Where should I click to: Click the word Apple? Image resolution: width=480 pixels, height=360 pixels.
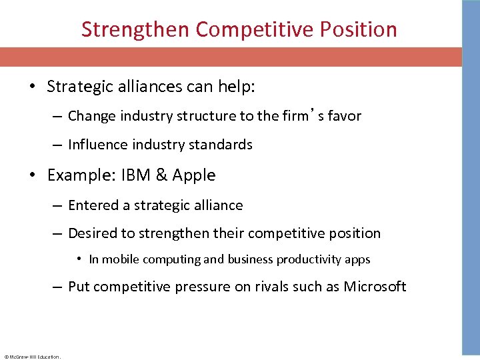pyautogui.click(x=194, y=175)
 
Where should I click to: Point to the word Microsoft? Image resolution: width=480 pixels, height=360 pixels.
pyautogui.click(x=375, y=287)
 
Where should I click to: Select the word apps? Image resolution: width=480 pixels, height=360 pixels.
pyautogui.click(x=357, y=259)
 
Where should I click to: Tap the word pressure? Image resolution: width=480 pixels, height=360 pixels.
pyautogui.click(x=200, y=287)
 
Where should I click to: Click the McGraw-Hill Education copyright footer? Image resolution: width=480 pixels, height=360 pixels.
pyautogui.click(x=32, y=357)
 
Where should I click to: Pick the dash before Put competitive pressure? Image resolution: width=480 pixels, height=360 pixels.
pyautogui.click(x=58, y=287)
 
